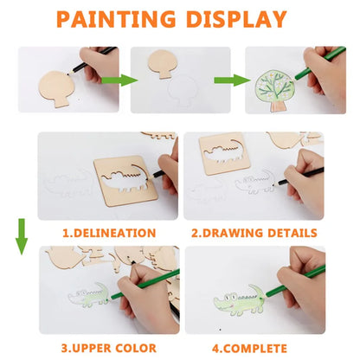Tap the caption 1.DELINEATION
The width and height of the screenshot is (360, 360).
coord(109,233)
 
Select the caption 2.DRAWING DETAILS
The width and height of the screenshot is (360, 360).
coord(254,233)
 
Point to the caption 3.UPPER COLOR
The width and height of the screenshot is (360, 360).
coord(109,349)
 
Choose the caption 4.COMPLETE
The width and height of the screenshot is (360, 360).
coord(254,349)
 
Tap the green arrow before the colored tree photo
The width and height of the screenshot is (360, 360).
coord(224,80)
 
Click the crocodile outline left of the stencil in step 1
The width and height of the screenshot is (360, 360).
coord(68,183)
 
